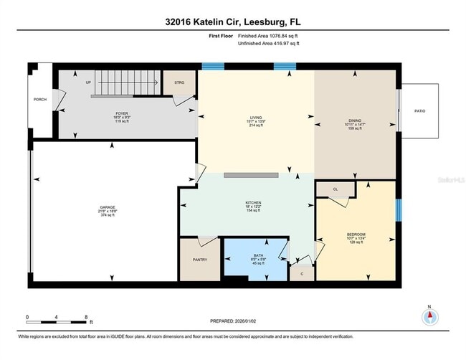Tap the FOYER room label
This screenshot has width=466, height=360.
pos(121,114)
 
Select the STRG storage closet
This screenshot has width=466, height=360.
pos(179,83)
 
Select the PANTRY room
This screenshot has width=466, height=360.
pos(199,260)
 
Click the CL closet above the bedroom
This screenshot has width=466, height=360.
pos(336,189)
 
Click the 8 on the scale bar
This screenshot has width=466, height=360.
pos(86,316)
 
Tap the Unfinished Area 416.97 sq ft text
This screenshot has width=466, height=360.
pos(268,44)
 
